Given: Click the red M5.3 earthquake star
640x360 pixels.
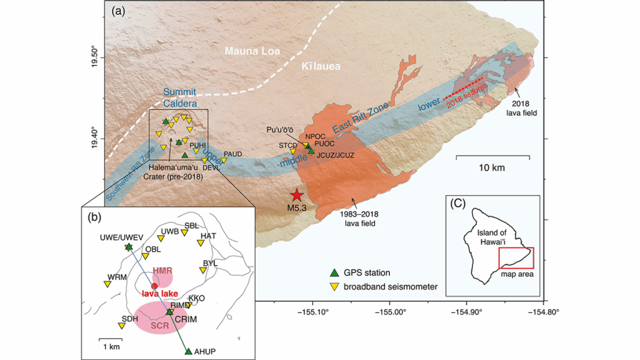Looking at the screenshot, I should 296,195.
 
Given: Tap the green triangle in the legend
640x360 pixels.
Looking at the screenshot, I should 334,272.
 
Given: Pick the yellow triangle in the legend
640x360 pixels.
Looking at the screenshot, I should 334,287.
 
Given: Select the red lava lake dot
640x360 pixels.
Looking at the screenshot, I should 154,286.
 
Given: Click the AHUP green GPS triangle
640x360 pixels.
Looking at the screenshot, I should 189,351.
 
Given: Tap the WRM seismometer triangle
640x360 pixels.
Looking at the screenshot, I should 107,284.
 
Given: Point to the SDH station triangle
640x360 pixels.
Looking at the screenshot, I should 121,326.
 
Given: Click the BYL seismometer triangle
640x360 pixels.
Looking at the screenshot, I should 203,270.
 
